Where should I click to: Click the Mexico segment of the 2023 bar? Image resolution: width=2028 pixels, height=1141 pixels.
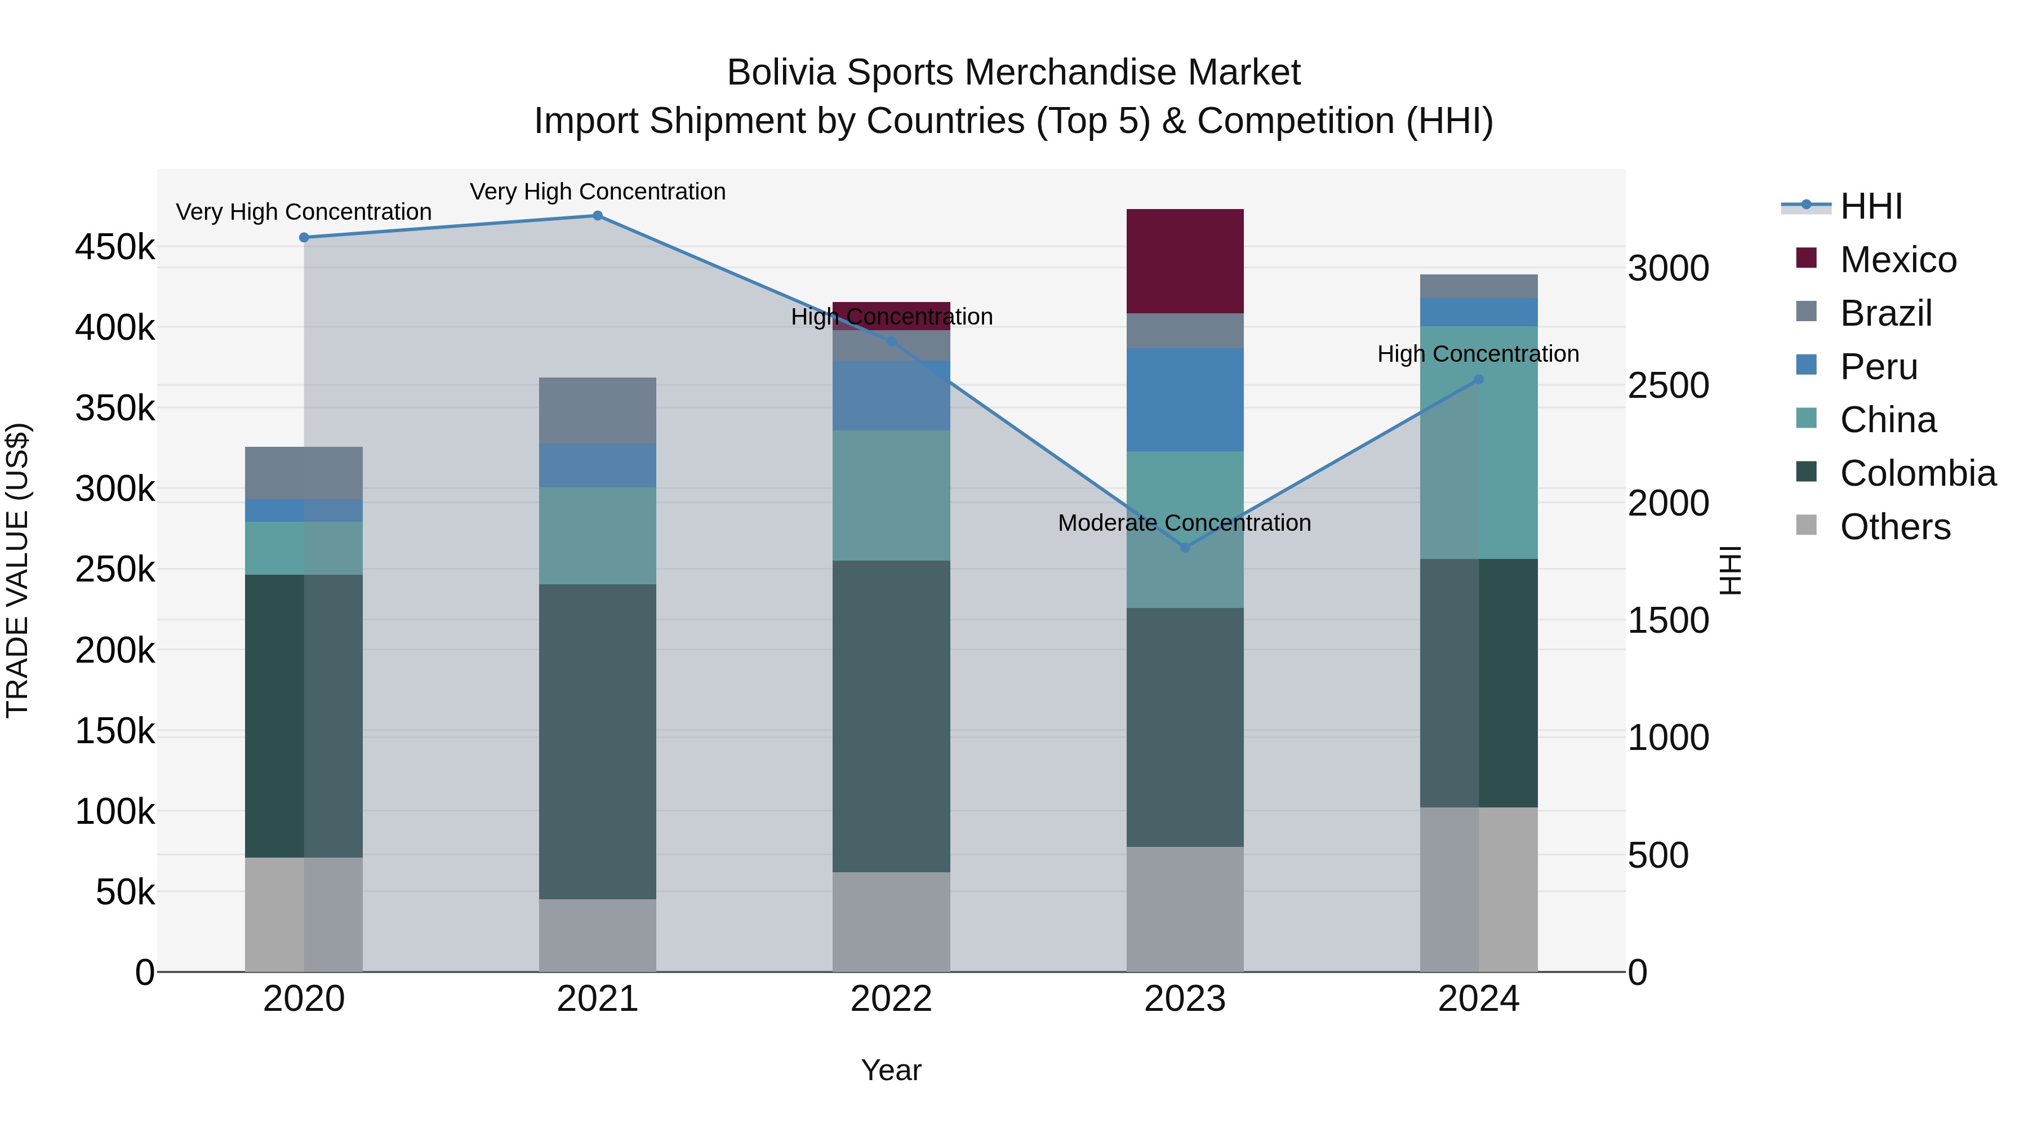coord(1185,261)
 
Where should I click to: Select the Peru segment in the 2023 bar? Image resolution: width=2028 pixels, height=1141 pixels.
coord(1185,399)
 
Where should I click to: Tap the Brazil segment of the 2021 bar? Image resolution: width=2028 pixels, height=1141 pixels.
coord(598,410)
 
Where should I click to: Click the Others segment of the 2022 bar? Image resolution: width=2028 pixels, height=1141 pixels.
coord(891,921)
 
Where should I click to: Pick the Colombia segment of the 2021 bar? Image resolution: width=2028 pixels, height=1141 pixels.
coord(598,741)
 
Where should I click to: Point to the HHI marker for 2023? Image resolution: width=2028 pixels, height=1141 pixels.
coord(1185,547)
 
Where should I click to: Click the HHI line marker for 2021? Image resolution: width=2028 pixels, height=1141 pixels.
coord(598,216)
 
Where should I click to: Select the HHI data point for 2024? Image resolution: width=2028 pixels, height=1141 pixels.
coord(1479,380)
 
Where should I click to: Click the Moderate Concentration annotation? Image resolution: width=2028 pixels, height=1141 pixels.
coord(1184,523)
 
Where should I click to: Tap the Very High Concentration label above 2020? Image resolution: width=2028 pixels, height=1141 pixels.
coord(303,212)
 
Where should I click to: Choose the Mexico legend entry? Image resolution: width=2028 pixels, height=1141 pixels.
coord(1898,260)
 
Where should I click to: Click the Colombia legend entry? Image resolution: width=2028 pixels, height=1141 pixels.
coord(1918,473)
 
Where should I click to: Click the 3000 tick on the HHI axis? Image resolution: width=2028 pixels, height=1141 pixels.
coord(1668,269)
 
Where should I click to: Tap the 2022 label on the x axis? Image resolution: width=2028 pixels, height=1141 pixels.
coord(891,999)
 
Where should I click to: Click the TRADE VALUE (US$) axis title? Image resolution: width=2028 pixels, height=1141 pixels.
coord(17,570)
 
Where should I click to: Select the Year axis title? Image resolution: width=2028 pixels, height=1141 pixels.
coord(891,1070)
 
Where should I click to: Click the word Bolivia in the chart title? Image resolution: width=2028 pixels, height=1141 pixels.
coord(780,73)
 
